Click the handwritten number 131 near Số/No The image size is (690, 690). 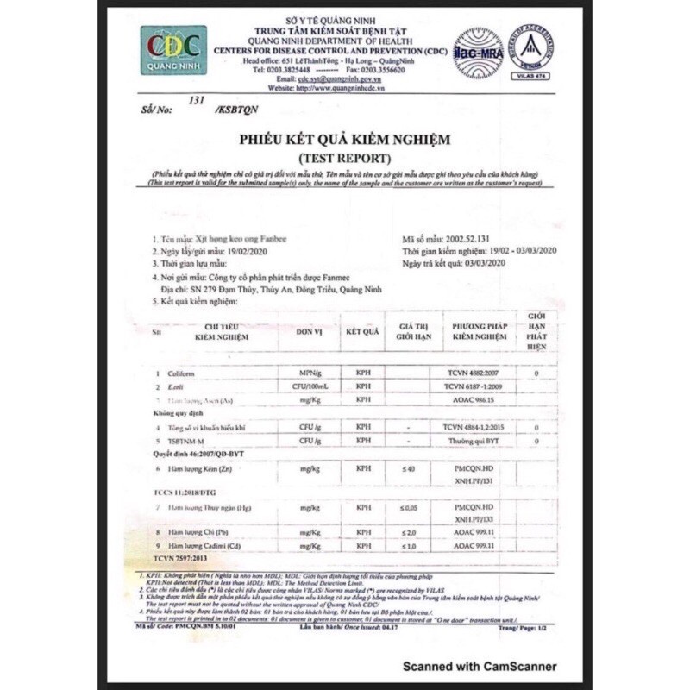(x=198, y=101)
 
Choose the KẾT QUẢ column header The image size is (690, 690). (x=363, y=331)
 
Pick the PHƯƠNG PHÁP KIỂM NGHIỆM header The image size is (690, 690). (x=477, y=332)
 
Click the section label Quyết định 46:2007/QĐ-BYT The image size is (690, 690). (x=198, y=453)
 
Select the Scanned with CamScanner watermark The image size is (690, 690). (x=476, y=666)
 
